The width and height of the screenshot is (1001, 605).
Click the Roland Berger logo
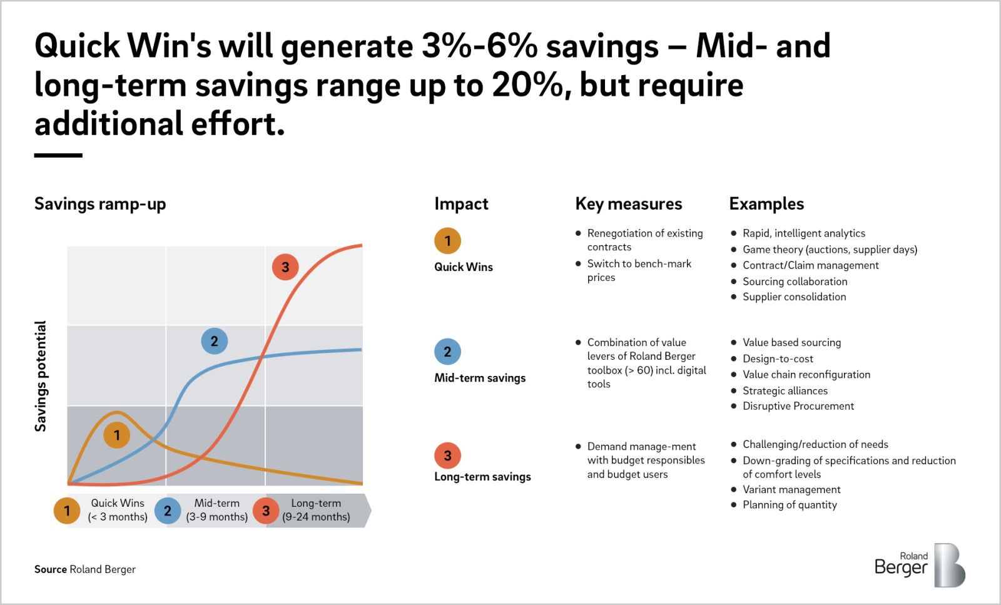point(920,565)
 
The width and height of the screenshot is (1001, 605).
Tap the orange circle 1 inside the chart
point(116,435)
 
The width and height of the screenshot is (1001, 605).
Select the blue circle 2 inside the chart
point(214,341)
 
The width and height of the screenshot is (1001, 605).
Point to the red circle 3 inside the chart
point(285,267)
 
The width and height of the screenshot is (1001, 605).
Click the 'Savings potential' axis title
point(41,376)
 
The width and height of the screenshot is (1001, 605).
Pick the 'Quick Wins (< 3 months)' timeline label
point(118,510)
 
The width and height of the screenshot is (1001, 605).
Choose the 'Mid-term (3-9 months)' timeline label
point(216,510)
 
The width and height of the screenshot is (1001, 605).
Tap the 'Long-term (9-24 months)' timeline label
point(316,510)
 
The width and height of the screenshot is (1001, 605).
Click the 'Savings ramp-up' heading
point(100,204)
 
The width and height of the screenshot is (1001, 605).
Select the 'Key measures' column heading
point(628,204)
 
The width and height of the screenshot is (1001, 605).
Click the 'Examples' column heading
point(766,204)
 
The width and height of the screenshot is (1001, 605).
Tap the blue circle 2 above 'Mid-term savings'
point(447,352)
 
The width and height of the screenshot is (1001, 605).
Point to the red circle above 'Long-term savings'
point(447,455)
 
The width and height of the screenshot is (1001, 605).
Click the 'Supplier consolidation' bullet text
point(794,297)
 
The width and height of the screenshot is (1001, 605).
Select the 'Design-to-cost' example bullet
point(778,358)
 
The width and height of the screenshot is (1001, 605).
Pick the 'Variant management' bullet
point(791,489)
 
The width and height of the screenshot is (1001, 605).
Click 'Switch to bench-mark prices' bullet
point(639,270)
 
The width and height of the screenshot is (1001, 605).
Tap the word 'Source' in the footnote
point(51,569)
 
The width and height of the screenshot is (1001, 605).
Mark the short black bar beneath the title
point(58,155)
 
